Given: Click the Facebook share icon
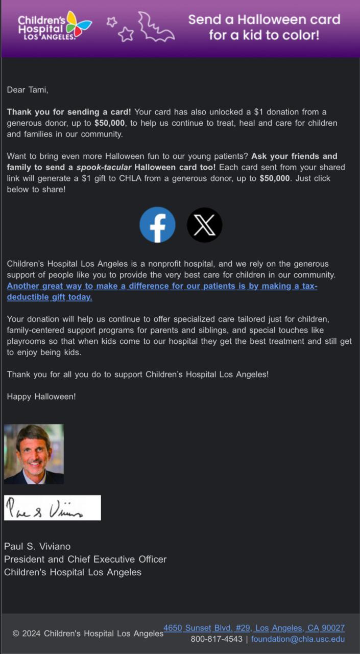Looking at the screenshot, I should point(157,225).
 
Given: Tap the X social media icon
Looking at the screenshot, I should point(204,225).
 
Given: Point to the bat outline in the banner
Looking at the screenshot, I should point(155,28).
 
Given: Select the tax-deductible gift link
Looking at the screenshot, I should point(162,291).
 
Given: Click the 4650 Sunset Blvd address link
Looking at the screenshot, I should point(254,628).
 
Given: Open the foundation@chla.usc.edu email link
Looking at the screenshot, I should point(298,639).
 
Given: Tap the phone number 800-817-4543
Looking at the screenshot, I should point(217,639).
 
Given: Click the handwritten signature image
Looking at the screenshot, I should point(52,508).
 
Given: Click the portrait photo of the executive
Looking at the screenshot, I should point(34,454).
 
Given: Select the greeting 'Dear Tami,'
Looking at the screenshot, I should point(28,90).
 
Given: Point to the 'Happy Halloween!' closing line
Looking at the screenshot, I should point(41,396).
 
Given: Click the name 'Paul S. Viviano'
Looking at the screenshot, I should point(37,547).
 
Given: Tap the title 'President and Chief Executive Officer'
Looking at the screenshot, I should point(85,559).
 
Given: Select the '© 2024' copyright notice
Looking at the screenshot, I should point(27,634).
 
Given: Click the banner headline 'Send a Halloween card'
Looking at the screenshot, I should point(264,20).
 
